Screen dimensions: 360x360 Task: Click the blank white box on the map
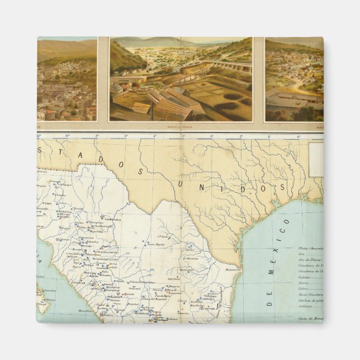[316, 158]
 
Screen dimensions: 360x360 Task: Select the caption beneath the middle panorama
[181, 127]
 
